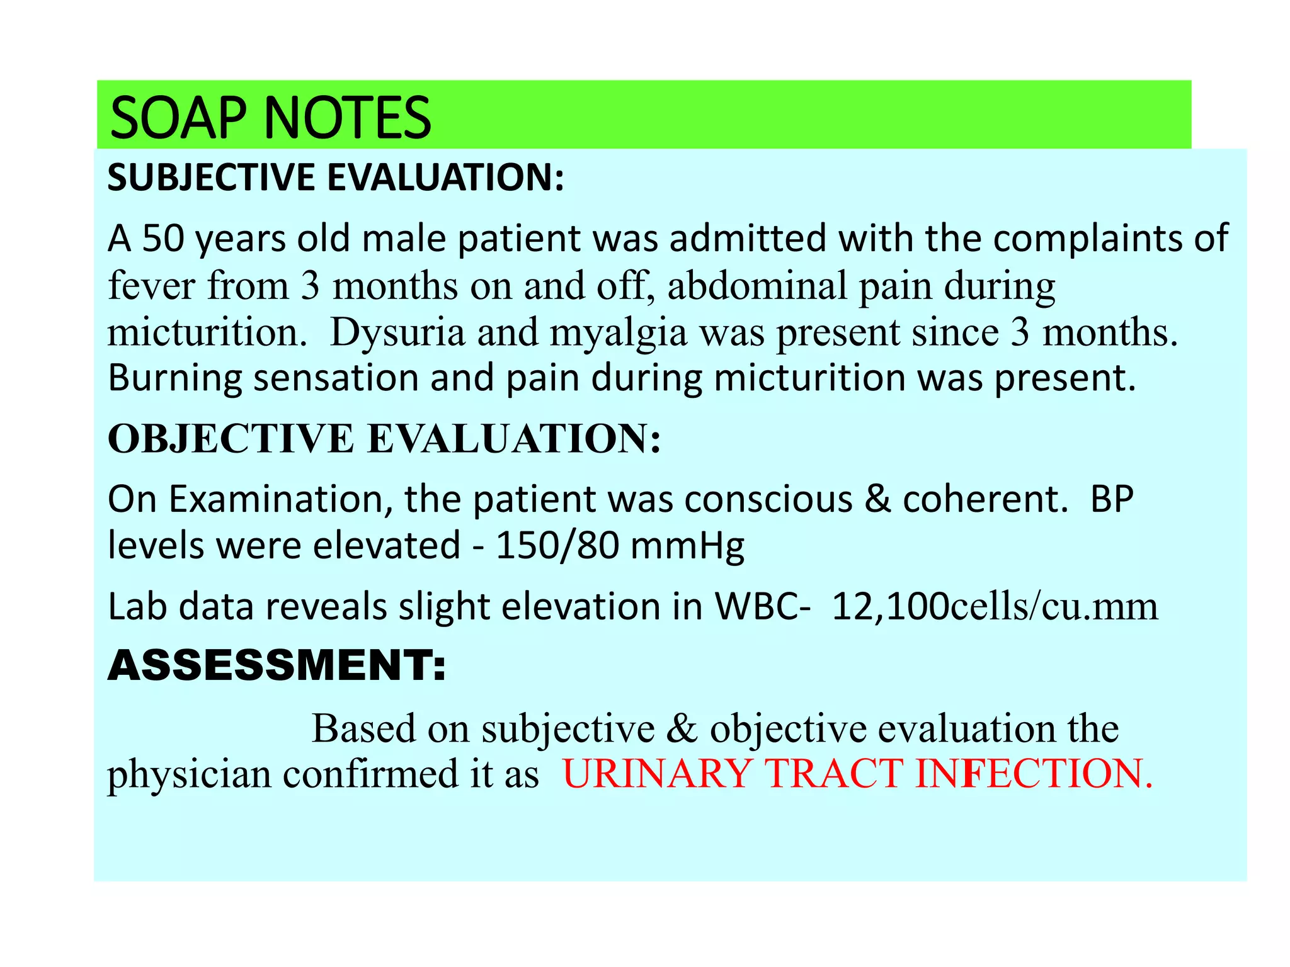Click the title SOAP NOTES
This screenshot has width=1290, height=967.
[270, 118]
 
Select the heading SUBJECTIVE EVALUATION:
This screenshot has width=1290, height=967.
[336, 178]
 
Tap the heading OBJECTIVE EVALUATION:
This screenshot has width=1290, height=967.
[384, 438]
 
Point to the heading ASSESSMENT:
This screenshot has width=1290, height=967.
[277, 665]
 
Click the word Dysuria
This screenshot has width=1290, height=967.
[397, 332]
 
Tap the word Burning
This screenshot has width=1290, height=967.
[174, 379]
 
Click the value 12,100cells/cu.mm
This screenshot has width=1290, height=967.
[994, 607]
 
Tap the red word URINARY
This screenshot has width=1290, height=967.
[656, 774]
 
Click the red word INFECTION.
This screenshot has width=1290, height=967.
[1033, 774]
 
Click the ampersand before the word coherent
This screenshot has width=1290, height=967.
[878, 499]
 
